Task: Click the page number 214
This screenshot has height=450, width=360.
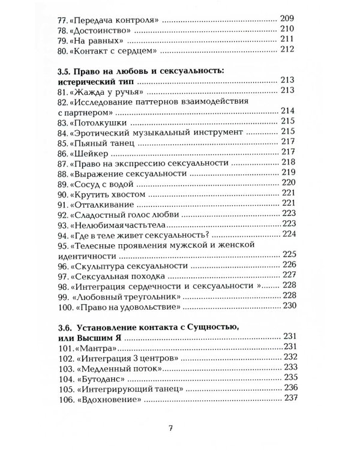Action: click(289, 111)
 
